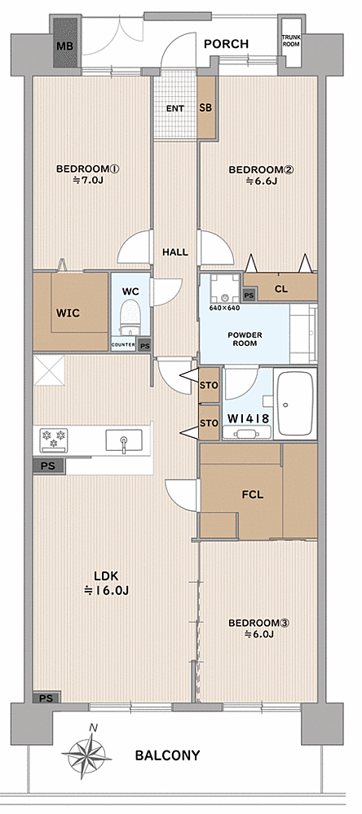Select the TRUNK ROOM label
coord(291,41)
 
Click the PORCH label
coord(227,44)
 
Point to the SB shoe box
coord(206,108)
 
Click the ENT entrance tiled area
coord(175,108)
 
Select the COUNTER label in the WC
coord(123,345)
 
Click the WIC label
coord(68,313)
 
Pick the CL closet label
coord(280,289)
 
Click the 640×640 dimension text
coord(224,308)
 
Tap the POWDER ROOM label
coord(245,339)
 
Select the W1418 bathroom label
coord(248,418)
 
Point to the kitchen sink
coord(124,440)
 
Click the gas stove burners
coord(54,440)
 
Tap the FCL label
coord(252,494)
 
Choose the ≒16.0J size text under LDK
coord(107,590)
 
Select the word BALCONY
coord(167,755)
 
